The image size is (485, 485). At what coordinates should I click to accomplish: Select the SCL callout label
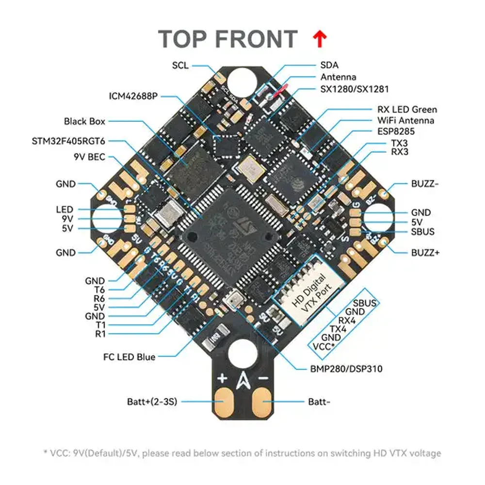(x=180, y=65)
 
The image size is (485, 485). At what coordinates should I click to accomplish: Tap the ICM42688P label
(x=133, y=96)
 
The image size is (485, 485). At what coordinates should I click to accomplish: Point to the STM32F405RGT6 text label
(x=68, y=141)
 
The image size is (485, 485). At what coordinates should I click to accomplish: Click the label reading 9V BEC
(x=89, y=157)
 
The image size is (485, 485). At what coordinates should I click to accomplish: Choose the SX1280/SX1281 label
(x=354, y=89)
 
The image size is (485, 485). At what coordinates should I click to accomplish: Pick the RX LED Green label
(x=406, y=110)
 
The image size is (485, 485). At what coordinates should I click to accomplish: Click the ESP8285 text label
(x=395, y=131)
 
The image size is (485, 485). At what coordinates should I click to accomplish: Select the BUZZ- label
(x=425, y=184)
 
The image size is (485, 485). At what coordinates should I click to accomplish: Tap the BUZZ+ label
(x=425, y=253)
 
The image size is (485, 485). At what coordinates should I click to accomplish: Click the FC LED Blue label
(x=129, y=357)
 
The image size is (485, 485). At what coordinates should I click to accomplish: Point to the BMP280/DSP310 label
(x=346, y=369)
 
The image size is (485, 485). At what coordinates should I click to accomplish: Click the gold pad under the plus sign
(x=223, y=401)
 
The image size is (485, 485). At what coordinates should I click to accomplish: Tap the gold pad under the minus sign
(x=263, y=401)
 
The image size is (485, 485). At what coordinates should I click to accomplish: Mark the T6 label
(x=99, y=290)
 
